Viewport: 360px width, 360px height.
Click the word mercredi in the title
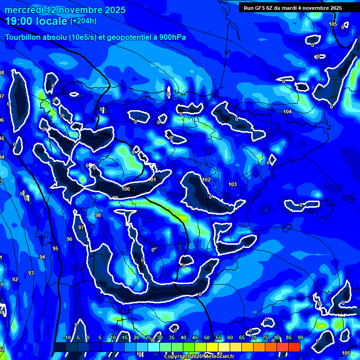coord(23,10)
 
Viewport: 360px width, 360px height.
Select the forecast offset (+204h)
coord(83,21)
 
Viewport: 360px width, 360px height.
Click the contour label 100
coord(126,189)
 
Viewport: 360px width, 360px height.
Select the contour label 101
coord(152,180)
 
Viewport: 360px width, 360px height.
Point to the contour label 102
coord(206,180)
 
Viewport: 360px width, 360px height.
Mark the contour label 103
coord(232,184)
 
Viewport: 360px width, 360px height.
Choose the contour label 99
coord(115,198)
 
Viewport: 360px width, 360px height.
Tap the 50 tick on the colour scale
coord(207,338)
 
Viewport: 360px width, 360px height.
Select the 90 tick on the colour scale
coord(300,338)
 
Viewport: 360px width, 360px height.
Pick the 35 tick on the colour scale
coord(172,338)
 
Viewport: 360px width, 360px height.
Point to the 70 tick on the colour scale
coord(254,338)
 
